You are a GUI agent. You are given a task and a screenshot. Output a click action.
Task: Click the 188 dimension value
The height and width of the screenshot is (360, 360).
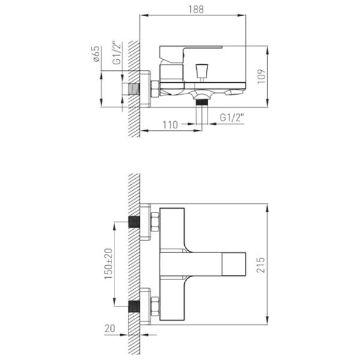pyautogui.click(x=196, y=10)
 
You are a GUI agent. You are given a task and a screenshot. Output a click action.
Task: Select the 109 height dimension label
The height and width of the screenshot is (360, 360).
pyautogui.click(x=261, y=76)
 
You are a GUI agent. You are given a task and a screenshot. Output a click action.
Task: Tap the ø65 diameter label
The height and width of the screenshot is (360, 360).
pyautogui.click(x=96, y=54)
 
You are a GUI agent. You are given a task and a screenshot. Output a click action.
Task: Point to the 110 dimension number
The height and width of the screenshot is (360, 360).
pyautogui.click(x=170, y=125)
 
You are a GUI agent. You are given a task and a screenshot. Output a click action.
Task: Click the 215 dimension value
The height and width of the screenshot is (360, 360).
pyautogui.click(x=260, y=265)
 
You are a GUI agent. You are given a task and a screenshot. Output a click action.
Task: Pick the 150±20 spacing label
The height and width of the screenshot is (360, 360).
pyautogui.click(x=109, y=264)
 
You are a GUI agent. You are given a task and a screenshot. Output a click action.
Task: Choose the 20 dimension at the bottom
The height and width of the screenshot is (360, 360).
pyautogui.click(x=110, y=329)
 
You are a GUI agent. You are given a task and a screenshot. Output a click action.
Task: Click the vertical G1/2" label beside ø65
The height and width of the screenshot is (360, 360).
pyautogui.click(x=117, y=53)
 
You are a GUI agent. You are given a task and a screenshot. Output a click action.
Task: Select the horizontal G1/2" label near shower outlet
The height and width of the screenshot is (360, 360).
pyautogui.click(x=232, y=118)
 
